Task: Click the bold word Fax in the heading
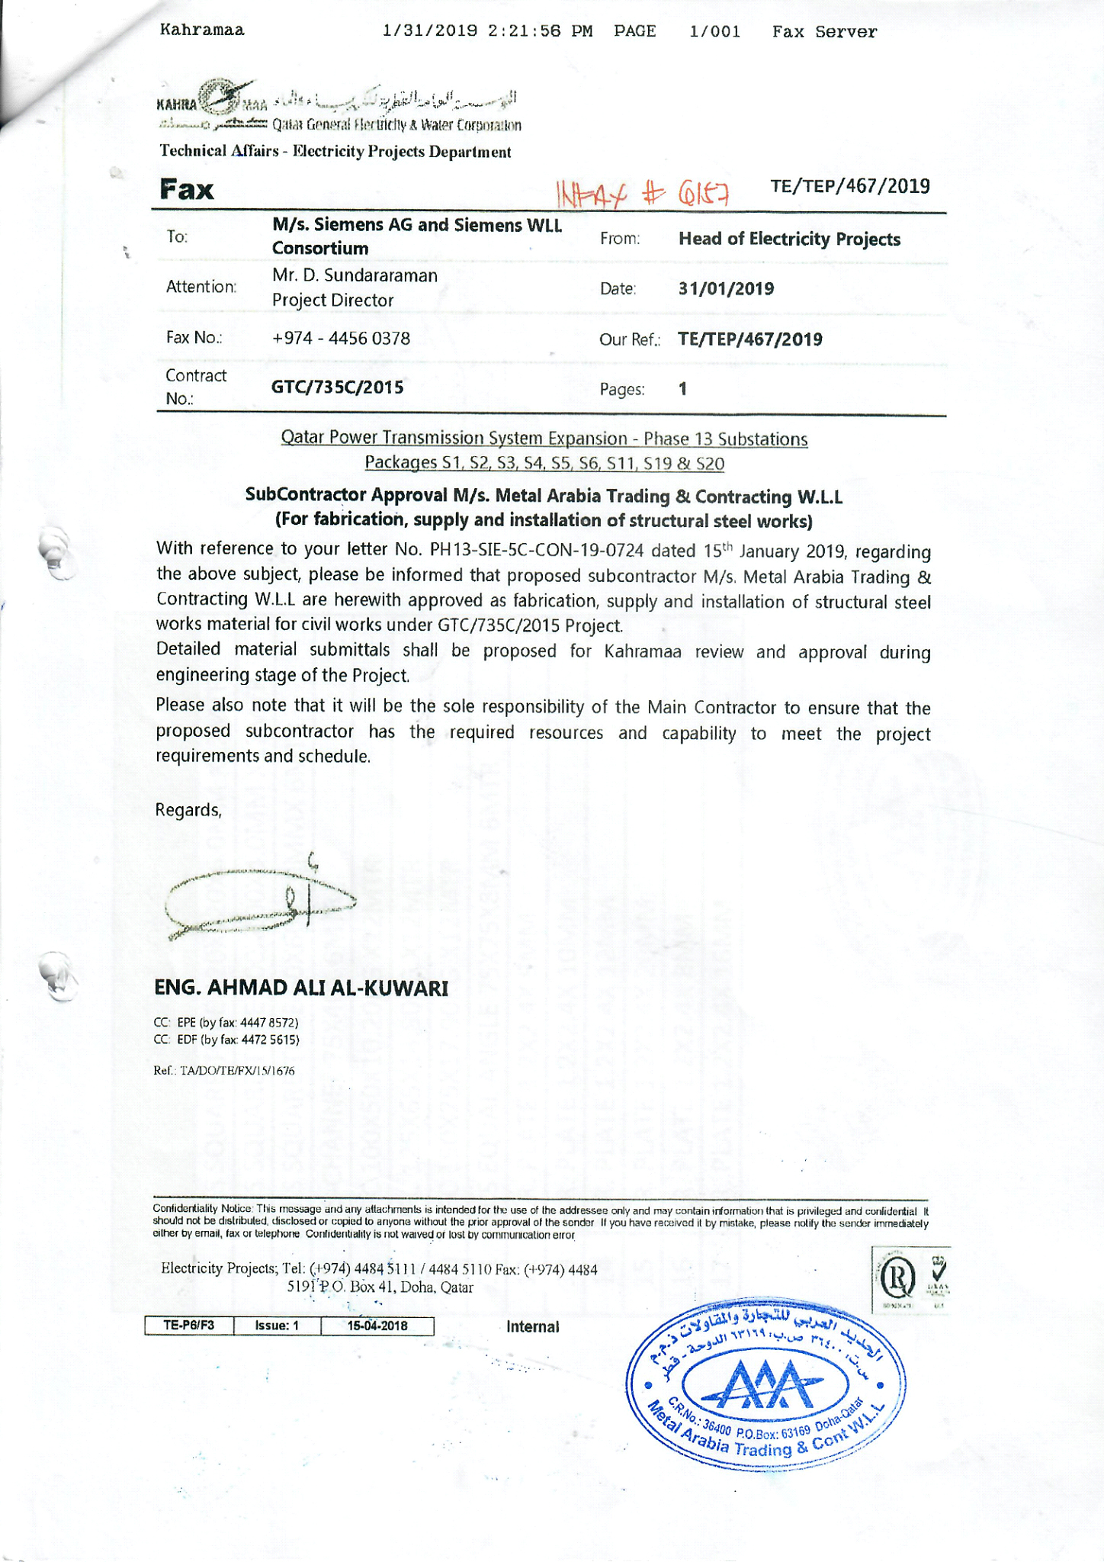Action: coord(187,190)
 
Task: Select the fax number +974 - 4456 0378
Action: coord(341,338)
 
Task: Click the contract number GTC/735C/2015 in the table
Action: coord(338,387)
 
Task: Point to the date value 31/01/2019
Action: coord(726,289)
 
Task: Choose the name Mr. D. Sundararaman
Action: coord(355,275)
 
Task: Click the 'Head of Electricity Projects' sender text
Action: coord(789,239)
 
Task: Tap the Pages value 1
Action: coord(683,389)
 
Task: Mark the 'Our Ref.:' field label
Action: coord(629,340)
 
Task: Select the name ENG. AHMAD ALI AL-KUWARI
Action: coord(301,988)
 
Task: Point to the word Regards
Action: coord(188,810)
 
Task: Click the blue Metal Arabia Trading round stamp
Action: coord(765,1384)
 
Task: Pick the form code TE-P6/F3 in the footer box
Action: coord(189,1326)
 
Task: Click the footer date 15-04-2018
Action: coord(377,1326)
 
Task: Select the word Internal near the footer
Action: coord(533,1326)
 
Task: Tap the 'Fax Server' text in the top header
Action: coord(824,32)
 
